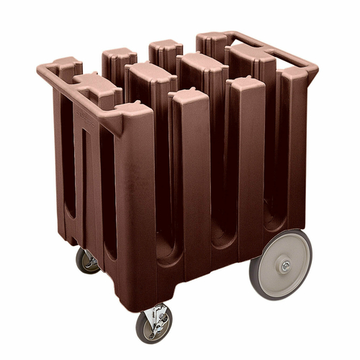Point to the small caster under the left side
88,261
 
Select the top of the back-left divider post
119,55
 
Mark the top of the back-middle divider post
166,46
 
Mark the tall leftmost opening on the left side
68,166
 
